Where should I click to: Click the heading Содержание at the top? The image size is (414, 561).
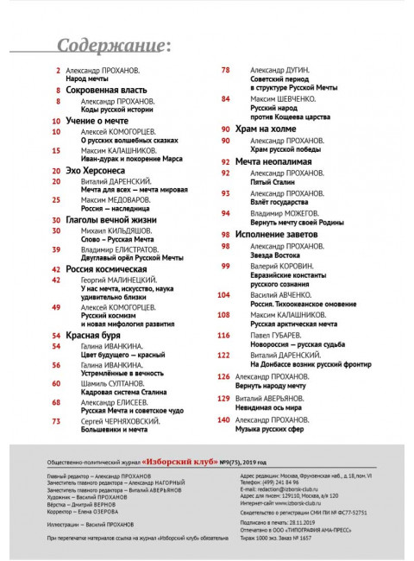point(112,45)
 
